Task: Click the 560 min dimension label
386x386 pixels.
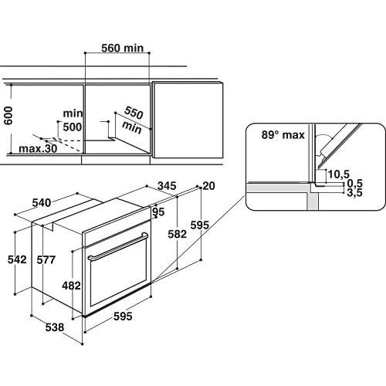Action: pyautogui.click(x=124, y=48)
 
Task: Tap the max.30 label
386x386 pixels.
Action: pyautogui.click(x=38, y=148)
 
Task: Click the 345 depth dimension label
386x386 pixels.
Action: pyautogui.click(x=168, y=186)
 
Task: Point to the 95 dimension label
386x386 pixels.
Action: pyautogui.click(x=159, y=212)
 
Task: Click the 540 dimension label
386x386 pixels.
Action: pyautogui.click(x=42, y=203)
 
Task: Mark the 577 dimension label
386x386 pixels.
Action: pyautogui.click(x=45, y=260)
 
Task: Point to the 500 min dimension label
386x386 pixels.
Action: pyautogui.click(x=72, y=119)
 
